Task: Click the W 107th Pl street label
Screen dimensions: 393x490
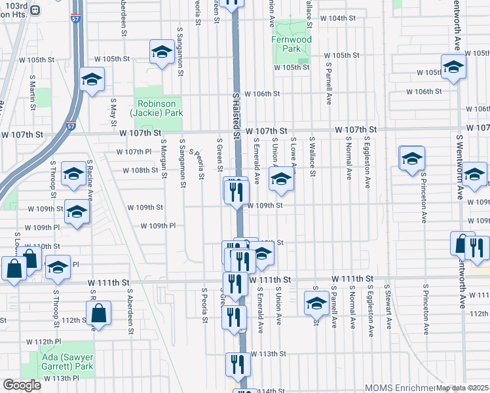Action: click(134, 152)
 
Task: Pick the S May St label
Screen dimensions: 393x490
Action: click(113, 111)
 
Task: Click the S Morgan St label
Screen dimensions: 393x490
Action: click(164, 157)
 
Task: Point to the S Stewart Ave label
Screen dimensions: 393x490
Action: click(388, 305)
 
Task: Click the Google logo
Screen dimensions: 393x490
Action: click(22, 385)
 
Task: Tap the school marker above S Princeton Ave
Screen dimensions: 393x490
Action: click(412, 159)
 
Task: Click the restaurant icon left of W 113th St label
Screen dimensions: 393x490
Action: click(238, 364)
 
